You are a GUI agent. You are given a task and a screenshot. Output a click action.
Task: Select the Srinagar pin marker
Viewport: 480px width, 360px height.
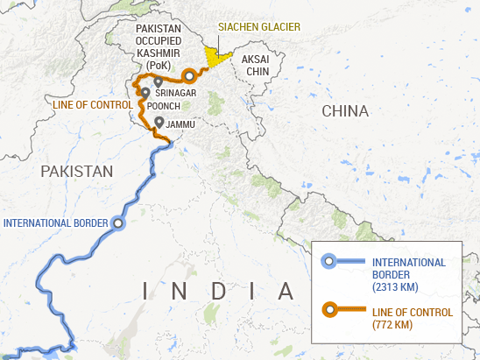158,82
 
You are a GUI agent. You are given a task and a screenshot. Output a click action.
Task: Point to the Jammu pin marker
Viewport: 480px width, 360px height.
158,122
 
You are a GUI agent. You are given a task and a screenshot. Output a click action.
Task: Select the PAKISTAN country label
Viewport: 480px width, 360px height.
77,171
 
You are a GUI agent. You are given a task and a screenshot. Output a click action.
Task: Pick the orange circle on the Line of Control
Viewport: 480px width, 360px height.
188,75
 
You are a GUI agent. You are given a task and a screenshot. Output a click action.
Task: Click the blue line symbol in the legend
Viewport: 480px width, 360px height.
343,262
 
